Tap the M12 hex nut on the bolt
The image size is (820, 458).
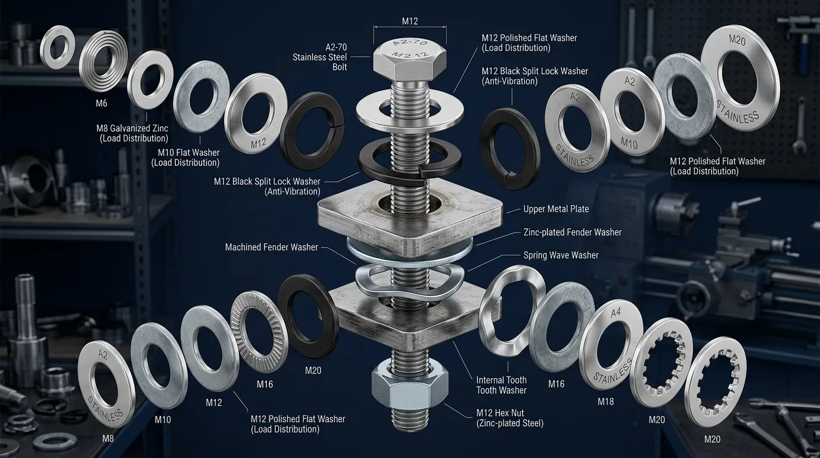[409, 385]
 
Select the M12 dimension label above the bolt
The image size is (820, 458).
[409, 21]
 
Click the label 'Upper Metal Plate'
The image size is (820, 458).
[556, 209]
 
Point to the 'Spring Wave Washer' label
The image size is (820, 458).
[561, 255]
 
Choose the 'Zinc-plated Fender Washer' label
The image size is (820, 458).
[573, 233]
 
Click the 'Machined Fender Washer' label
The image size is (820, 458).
[271, 247]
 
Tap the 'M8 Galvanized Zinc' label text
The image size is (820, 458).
[132, 128]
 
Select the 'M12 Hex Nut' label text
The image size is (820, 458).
[500, 413]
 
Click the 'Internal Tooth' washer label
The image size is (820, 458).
[501, 380]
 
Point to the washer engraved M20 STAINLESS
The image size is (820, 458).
[740, 78]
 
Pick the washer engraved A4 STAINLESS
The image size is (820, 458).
[611, 345]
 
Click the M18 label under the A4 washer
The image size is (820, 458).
[605, 401]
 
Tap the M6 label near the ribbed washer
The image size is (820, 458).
[101, 103]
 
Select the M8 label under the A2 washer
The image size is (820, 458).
[108, 438]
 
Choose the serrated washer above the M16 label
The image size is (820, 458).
[259, 332]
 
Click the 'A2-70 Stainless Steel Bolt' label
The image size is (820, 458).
[319, 57]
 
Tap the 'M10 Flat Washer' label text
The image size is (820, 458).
[188, 153]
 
